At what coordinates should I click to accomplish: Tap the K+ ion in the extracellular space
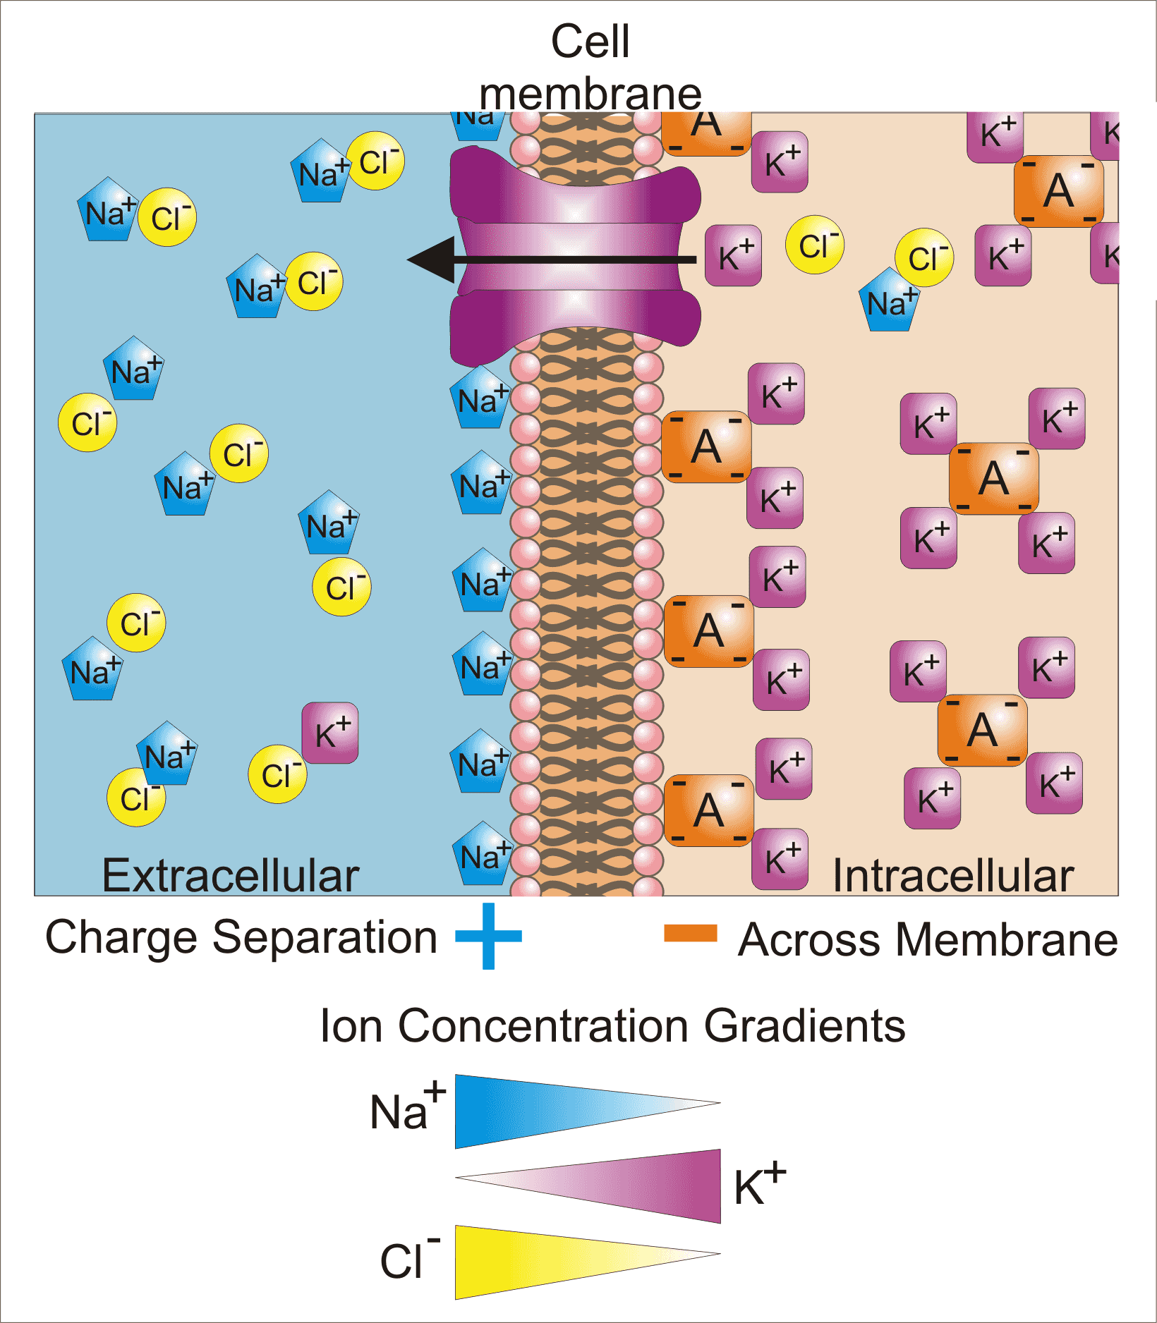330,733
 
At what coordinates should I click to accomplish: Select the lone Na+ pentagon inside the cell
890,301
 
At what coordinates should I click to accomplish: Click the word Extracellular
230,875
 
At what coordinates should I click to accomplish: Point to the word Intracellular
952,875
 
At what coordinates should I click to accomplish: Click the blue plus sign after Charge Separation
488,936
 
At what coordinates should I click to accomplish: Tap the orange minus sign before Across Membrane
690,933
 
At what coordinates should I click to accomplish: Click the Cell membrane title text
590,67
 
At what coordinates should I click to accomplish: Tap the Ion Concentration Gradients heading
612,1025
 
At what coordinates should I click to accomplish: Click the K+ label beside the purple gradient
759,1185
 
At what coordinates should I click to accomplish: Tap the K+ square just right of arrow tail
734,255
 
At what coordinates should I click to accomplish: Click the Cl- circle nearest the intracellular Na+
924,257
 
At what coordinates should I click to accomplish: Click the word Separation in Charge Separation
325,937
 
